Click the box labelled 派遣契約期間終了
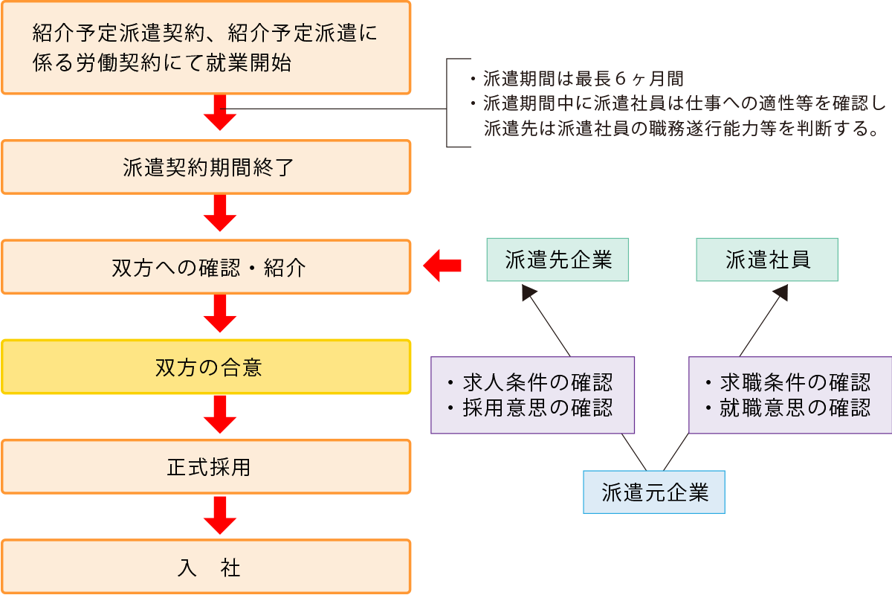[x=206, y=167]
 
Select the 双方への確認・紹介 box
[x=206, y=267]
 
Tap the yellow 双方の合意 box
[x=206, y=367]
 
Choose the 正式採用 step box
[x=206, y=466]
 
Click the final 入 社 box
[x=206, y=567]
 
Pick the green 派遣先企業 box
[x=557, y=260]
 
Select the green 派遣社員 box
[x=766, y=260]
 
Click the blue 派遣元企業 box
[x=653, y=492]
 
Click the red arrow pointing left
[x=443, y=266]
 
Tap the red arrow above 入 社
[x=220, y=515]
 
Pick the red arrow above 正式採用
[x=220, y=414]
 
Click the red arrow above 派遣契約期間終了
[x=220, y=113]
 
